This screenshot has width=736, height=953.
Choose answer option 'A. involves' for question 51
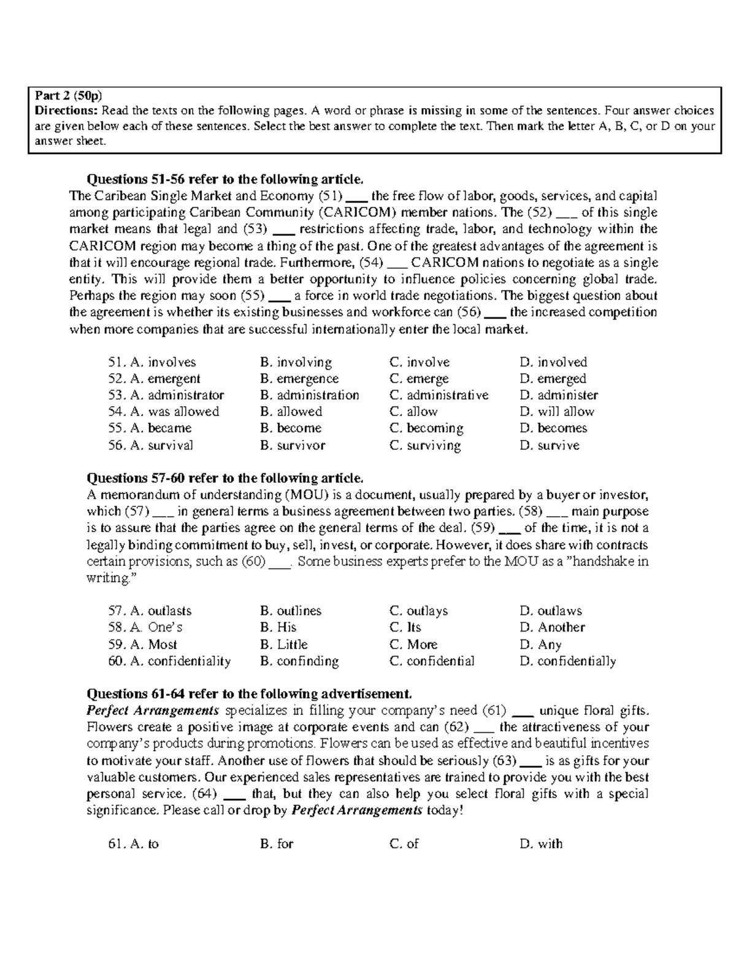(x=151, y=363)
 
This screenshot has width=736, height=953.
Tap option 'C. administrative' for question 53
(x=439, y=395)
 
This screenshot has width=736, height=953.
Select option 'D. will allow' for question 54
(x=556, y=412)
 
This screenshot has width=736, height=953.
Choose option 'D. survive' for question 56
(x=549, y=446)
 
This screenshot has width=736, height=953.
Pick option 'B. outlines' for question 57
(x=290, y=611)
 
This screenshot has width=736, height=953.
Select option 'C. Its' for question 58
(x=405, y=628)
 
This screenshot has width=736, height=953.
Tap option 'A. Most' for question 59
(x=142, y=645)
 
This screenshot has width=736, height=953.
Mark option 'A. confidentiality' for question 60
(x=169, y=662)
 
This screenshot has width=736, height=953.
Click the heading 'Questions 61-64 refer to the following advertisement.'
(x=249, y=694)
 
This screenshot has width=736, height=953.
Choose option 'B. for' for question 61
(x=277, y=844)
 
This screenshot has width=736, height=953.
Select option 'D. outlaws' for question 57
(x=550, y=611)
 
